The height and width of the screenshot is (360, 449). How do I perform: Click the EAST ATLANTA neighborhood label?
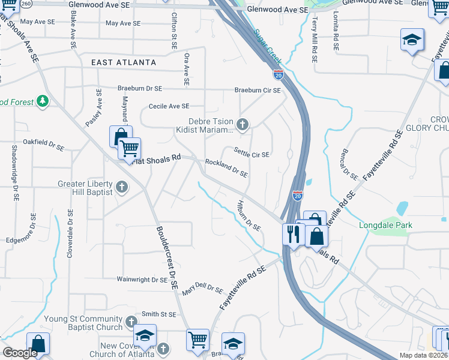pos(124,62)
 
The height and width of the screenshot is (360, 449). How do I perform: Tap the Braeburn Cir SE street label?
pos(258,91)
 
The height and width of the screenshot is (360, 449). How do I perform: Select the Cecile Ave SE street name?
pos(169,107)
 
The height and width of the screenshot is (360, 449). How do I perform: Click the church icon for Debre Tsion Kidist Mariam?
pos(243,125)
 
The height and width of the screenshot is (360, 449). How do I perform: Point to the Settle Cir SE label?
pos(252,154)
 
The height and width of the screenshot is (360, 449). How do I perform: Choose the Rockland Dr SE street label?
pos(226,167)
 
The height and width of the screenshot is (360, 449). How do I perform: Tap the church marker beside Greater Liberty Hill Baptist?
pos(121,187)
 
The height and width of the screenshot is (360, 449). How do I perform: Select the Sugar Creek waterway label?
pos(267,46)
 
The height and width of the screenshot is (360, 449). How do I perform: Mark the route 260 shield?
pos(26,4)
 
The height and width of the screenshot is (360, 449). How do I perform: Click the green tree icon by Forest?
pos(43,101)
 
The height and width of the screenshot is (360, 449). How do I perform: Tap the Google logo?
pos(20,353)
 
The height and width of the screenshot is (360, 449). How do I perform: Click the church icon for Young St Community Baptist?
pos(131,324)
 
